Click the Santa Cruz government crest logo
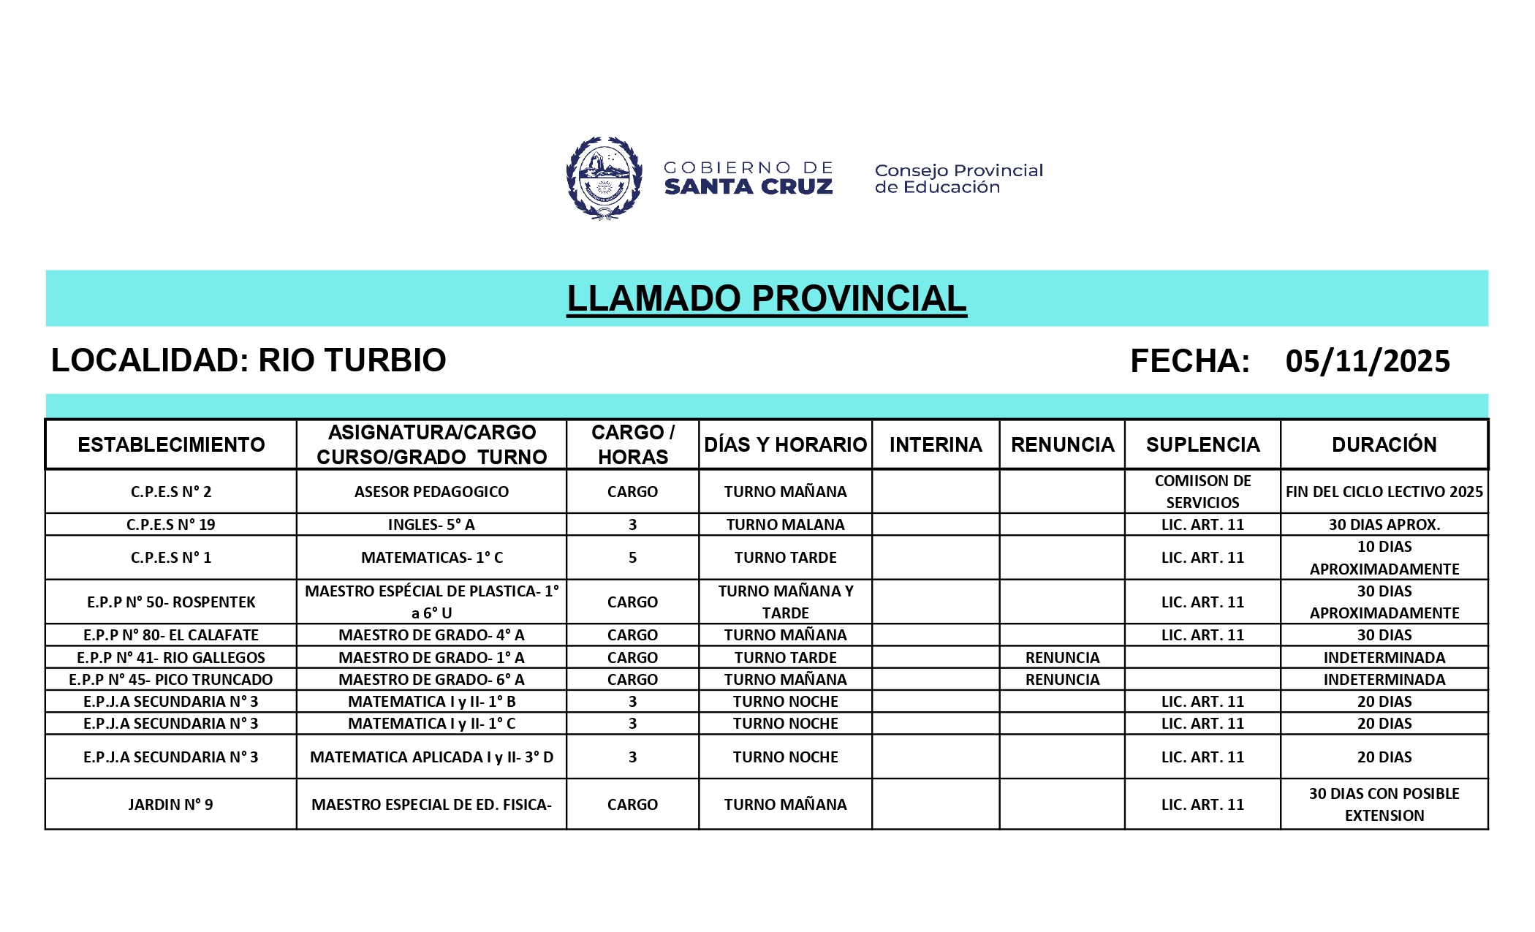[604, 178]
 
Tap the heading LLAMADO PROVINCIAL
[766, 298]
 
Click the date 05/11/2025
[1367, 361]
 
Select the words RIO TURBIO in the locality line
[352, 360]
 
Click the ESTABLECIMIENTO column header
[171, 444]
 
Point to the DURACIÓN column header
[1384, 444]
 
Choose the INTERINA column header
[935, 444]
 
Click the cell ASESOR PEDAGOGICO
[431, 492]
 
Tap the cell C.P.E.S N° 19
[171, 525]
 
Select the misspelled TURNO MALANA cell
[785, 525]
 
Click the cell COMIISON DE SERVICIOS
[1202, 492]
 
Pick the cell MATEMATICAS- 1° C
[431, 558]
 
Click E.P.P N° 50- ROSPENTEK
[171, 602]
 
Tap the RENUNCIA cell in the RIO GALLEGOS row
[1062, 658]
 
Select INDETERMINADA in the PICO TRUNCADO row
[1384, 680]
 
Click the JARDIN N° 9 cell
[171, 805]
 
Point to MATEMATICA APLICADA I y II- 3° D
[431, 757]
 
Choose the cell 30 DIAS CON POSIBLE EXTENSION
[1384, 805]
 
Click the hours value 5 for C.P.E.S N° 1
[632, 558]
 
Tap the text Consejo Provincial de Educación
[958, 178]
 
